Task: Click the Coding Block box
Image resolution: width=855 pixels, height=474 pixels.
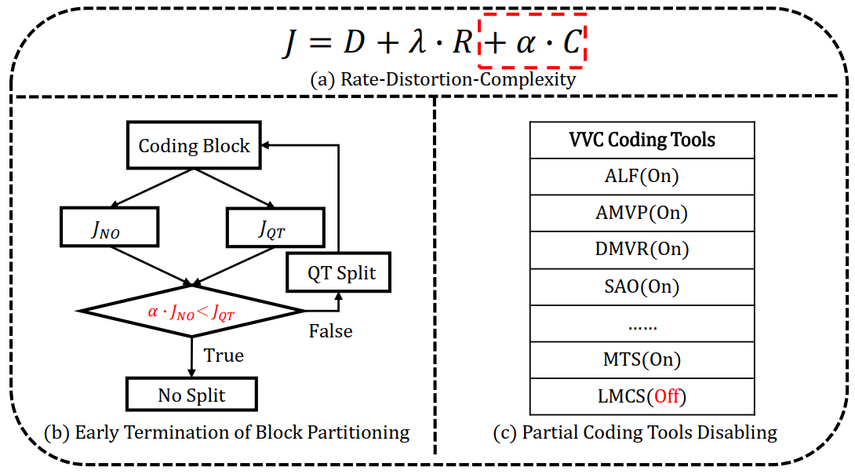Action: [x=194, y=146]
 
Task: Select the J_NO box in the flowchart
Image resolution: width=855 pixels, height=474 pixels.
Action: [x=109, y=228]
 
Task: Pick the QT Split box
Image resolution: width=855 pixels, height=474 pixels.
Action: [x=339, y=273]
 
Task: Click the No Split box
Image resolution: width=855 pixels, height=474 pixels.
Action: [x=191, y=394]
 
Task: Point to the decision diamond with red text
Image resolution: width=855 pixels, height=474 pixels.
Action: [x=191, y=312]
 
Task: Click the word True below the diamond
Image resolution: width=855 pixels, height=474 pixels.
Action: [x=224, y=355]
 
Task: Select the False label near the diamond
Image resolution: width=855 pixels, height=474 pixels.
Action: [x=330, y=331]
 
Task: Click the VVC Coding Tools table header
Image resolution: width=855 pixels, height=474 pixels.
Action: [x=642, y=140]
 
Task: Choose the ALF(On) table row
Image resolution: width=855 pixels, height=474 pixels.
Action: [x=642, y=177]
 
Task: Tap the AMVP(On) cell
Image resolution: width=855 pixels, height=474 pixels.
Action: [x=642, y=213]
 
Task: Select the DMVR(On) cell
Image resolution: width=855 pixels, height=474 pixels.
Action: [x=642, y=250]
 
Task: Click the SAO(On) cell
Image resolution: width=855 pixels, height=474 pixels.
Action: [x=642, y=286]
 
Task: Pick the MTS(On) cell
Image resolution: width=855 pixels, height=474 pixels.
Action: [x=642, y=360]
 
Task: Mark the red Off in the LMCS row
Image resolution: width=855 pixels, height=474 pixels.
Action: [x=666, y=397]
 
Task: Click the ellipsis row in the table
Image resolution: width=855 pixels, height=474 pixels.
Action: [x=642, y=324]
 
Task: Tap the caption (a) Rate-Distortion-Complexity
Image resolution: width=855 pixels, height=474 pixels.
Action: [x=442, y=79]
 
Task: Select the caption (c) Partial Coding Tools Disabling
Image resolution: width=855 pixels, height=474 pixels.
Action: [x=635, y=432]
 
